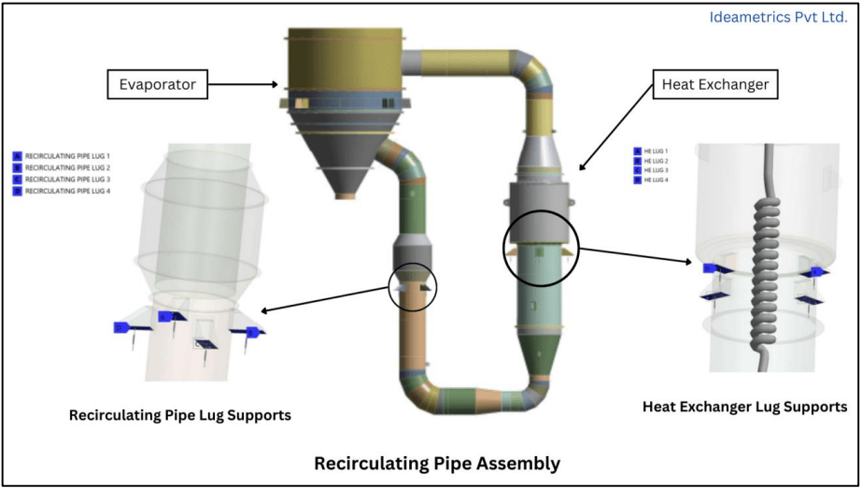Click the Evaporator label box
tap(157, 84)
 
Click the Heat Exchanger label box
tap(714, 84)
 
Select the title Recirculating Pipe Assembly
tap(437, 463)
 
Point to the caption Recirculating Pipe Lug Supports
tap(180, 415)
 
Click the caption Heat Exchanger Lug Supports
tap(744, 407)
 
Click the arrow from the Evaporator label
tap(245, 84)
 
